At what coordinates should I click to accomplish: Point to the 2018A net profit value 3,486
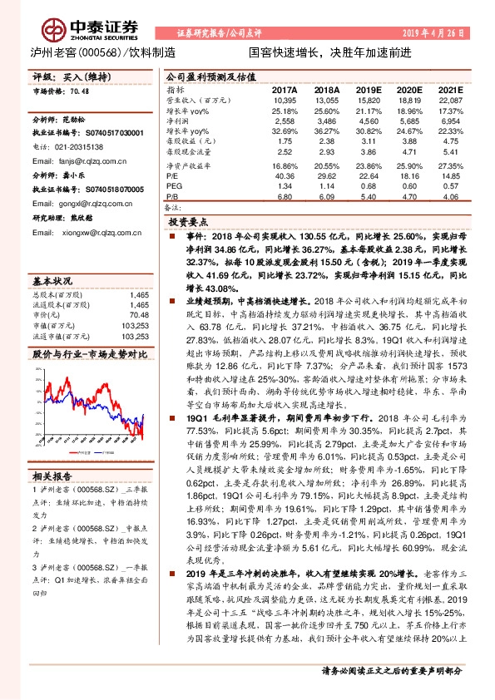click(x=327, y=121)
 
